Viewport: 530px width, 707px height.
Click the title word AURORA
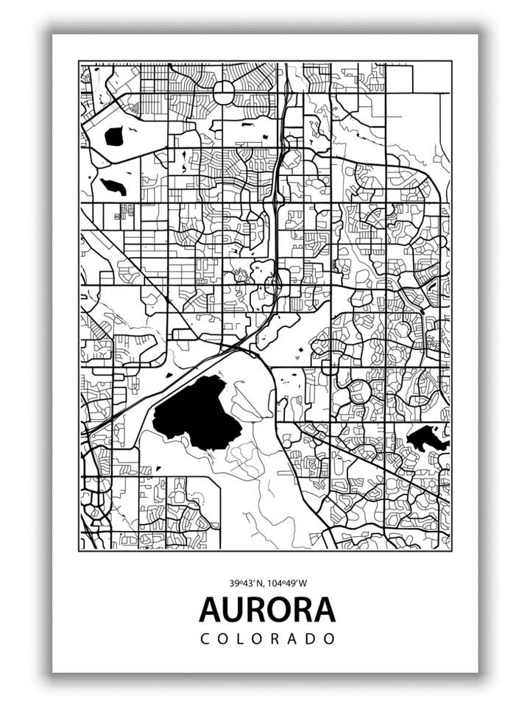[267, 610]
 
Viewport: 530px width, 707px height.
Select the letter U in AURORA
[228, 610]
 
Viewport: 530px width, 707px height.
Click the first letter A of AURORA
[208, 610]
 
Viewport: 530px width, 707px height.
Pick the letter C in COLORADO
[205, 639]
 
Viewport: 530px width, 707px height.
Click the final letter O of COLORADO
[331, 639]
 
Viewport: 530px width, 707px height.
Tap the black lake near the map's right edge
[427, 439]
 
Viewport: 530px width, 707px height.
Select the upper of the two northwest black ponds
[114, 136]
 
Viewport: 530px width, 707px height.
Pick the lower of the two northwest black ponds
[113, 186]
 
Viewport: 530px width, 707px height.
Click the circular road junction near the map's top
[223, 91]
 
